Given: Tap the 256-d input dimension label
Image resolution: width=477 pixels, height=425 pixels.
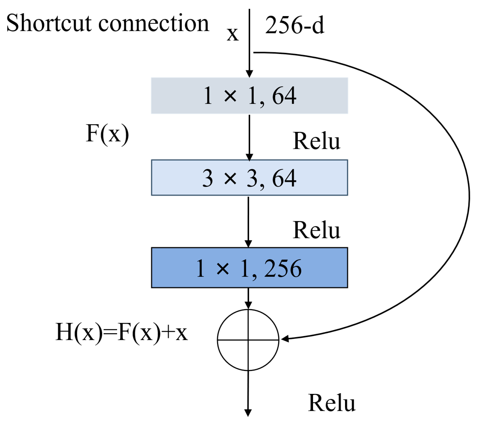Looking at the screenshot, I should (x=294, y=25).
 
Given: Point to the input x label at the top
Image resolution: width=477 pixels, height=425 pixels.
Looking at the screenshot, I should (x=233, y=34).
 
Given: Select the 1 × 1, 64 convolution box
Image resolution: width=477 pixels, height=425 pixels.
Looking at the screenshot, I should (x=249, y=96).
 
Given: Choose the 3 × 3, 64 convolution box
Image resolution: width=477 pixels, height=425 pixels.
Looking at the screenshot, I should (x=249, y=178).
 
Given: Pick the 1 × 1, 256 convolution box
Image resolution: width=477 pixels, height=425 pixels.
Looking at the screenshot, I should (x=249, y=268).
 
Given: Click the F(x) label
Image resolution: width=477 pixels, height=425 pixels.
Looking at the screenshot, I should (x=107, y=134).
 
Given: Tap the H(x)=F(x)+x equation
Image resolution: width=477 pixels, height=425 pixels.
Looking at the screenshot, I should (x=121, y=332).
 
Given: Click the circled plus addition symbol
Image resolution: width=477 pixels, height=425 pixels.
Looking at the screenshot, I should (x=248, y=340).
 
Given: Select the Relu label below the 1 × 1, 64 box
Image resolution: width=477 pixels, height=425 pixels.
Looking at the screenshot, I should (x=316, y=141).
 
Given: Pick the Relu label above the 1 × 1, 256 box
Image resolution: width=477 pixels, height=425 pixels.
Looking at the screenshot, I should (x=316, y=230).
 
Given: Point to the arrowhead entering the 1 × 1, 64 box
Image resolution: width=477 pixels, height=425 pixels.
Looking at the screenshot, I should (x=249, y=74).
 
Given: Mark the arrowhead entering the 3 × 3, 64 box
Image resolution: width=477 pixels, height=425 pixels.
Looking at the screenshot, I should (x=249, y=157).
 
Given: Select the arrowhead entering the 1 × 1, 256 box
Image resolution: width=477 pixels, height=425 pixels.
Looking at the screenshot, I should (x=248, y=244).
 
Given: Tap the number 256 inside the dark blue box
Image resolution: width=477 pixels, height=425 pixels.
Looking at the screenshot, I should (x=283, y=268).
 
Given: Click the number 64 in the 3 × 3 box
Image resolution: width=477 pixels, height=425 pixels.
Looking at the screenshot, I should (x=284, y=178).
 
